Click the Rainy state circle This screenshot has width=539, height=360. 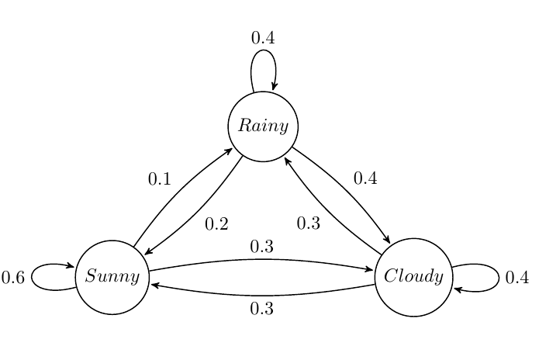[263, 126]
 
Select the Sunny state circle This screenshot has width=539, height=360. [112, 276]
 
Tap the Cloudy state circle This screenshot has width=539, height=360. [413, 276]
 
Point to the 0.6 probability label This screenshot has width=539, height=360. [13, 277]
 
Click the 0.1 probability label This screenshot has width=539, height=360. [159, 179]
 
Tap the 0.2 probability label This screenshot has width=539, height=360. [216, 224]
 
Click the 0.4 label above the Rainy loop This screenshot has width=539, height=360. [263, 37]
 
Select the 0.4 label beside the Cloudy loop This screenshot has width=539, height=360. [517, 277]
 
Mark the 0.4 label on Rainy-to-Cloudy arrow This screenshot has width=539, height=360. [365, 178]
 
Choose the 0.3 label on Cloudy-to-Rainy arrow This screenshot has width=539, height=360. [309, 223]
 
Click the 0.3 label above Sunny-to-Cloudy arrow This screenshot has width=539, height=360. [262, 247]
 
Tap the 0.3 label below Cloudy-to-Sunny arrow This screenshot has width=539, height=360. [262, 308]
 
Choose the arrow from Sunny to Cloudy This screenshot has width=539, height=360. [262, 260]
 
